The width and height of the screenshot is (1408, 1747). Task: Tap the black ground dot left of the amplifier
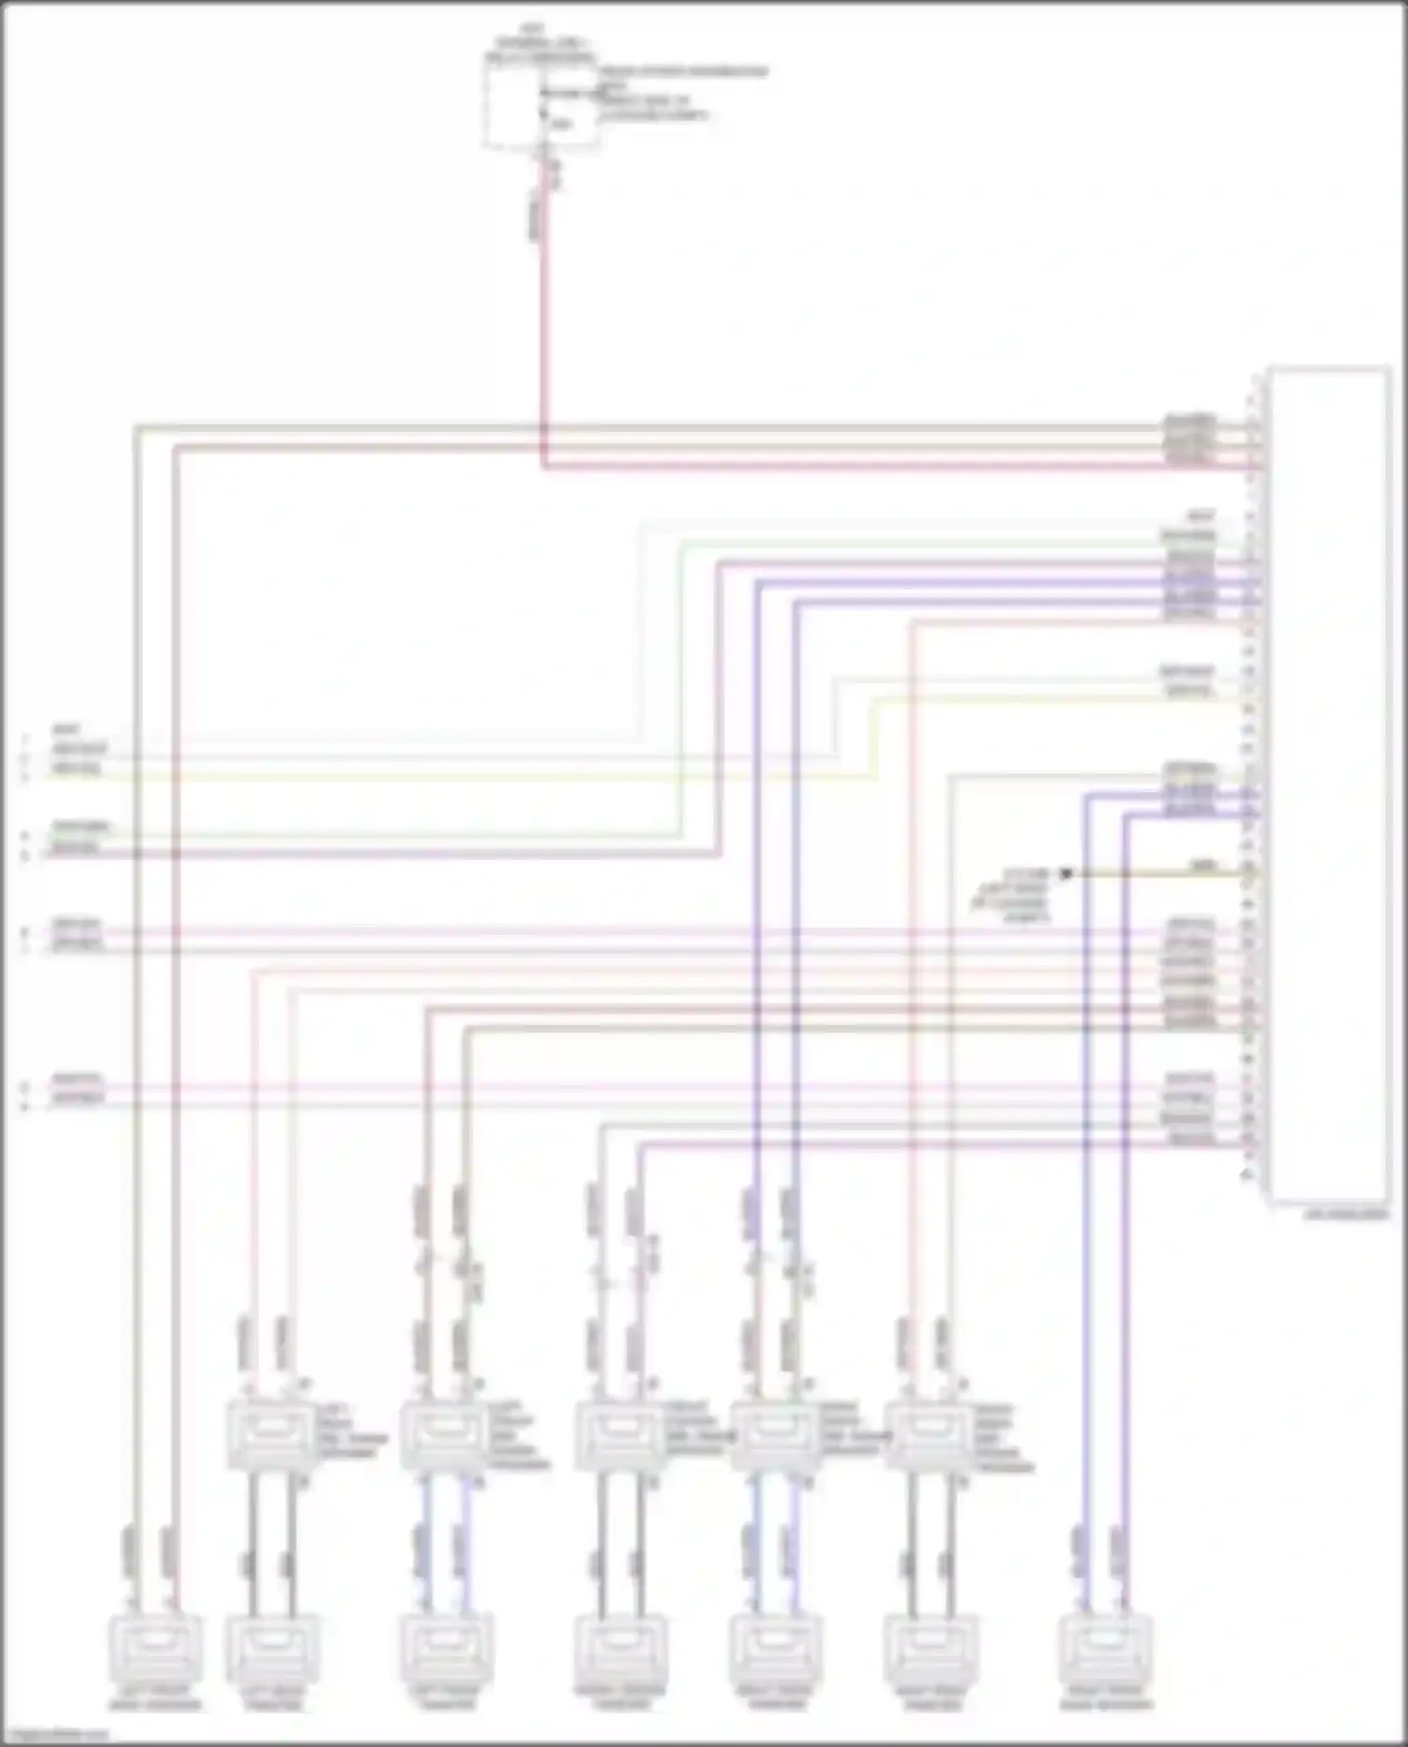[1064, 874]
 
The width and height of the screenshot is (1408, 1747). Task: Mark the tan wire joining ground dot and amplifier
[1155, 875]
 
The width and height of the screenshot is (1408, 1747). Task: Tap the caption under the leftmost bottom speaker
[155, 1699]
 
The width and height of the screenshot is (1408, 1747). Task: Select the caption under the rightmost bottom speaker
[1106, 1699]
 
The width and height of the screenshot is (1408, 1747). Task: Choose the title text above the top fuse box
[539, 43]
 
